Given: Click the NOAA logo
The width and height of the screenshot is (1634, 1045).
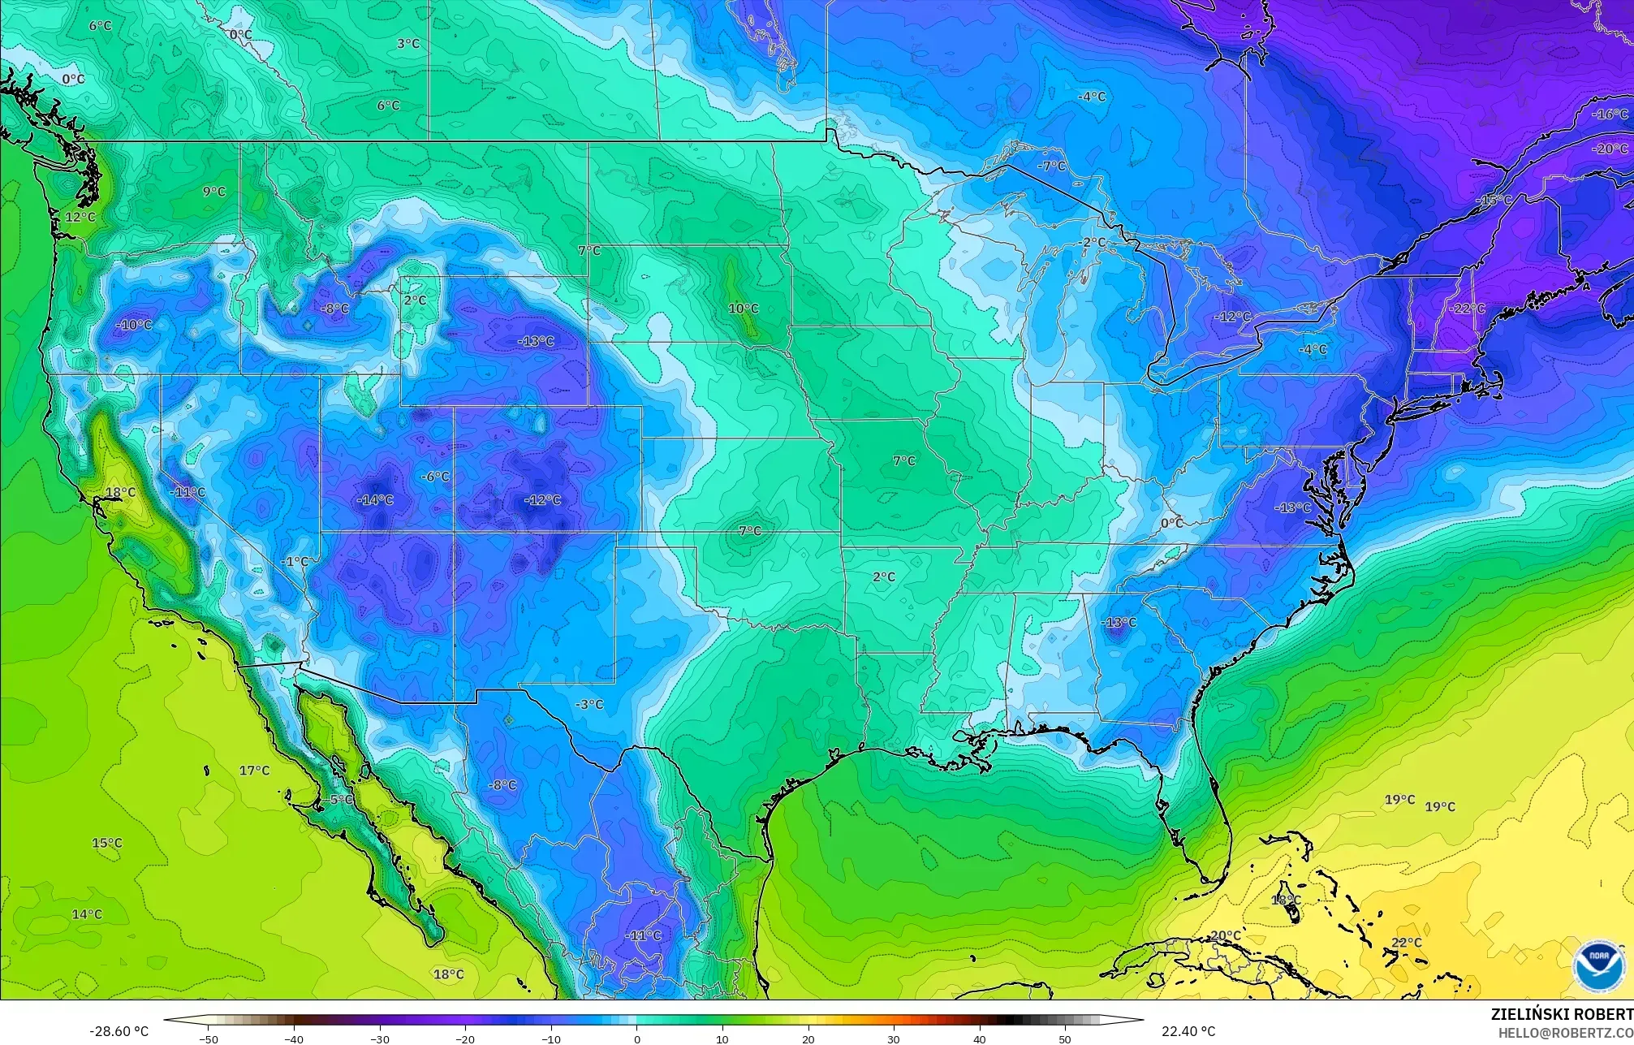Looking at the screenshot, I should coord(1599,965).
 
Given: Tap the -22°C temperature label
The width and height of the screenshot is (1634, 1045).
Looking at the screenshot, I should coord(1467,309).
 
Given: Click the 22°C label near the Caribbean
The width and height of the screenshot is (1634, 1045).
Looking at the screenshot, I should coord(1407,943).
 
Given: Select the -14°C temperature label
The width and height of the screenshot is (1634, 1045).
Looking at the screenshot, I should coord(375,500).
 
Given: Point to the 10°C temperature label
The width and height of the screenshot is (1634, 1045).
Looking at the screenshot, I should coord(743,309).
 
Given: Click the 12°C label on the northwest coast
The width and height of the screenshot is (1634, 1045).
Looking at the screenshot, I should coord(80,218).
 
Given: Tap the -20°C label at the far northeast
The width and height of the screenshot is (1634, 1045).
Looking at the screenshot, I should coord(1610,149).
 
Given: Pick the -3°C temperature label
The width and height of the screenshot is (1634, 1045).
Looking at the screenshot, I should coord(589,705).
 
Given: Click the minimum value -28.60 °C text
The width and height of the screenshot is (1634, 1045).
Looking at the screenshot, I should coord(119,1031).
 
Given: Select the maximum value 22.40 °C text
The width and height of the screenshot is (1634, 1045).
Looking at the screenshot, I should coord(1188,1031).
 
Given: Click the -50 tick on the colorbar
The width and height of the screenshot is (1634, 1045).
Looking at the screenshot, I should coord(209,1039).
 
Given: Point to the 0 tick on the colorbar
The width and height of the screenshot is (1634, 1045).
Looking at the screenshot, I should coord(637,1039).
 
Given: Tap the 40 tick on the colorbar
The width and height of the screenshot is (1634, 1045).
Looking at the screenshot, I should coord(980,1039).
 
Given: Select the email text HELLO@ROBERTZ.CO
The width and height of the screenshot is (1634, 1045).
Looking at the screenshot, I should coord(1565,1033).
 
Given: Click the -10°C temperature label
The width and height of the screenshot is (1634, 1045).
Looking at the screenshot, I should coord(134,325).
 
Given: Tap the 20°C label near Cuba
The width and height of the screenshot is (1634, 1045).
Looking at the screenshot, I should coord(1225,936).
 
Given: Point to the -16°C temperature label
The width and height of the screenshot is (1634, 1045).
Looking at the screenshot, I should coord(1610,114).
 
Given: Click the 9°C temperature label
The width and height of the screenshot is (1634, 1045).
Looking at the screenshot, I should coord(214,192).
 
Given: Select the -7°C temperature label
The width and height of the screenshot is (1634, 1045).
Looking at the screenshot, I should coord(1052,166).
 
